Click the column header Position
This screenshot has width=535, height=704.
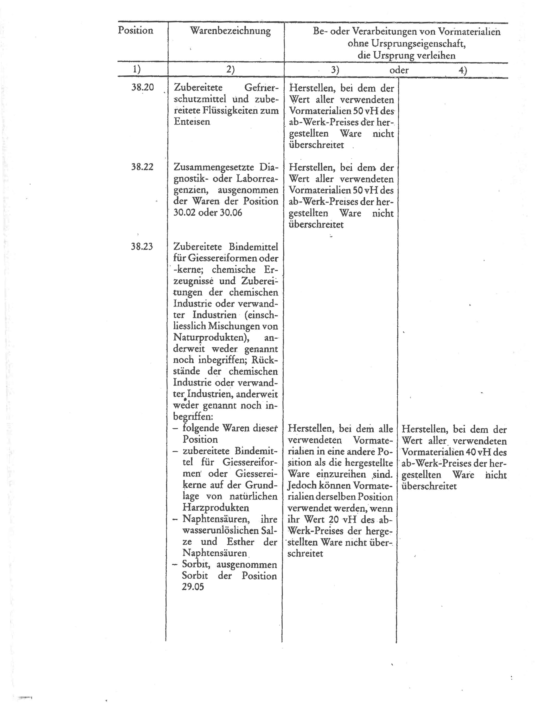135,31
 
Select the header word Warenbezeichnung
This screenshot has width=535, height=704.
230,31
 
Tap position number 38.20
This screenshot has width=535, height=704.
142,87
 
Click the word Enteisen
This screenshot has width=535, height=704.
192,122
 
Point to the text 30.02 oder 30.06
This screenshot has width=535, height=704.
208,213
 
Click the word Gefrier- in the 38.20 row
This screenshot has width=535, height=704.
261,88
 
